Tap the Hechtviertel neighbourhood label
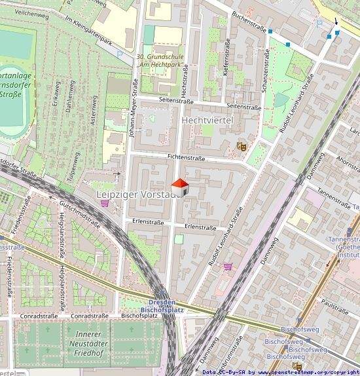coord(208,121)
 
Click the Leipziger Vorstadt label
coord(137,195)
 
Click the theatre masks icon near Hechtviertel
coord(241,146)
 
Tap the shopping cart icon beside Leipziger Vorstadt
coord(104,202)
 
